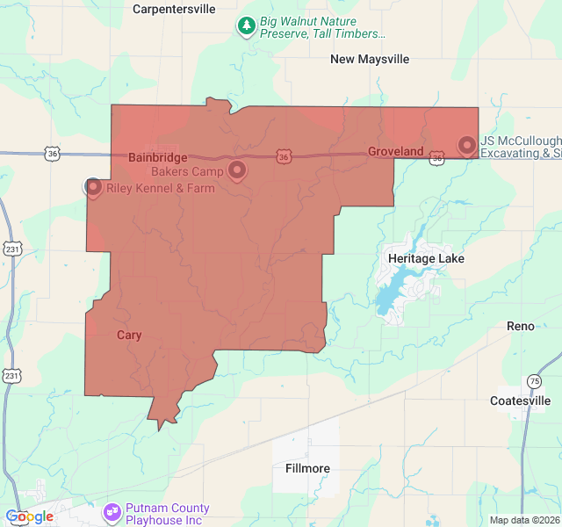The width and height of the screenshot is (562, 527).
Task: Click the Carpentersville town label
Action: [x=173, y=9]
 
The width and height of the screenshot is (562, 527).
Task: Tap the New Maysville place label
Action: [x=370, y=59]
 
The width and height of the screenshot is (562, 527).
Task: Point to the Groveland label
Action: [x=395, y=152]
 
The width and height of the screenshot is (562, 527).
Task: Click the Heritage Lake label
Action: [x=426, y=259]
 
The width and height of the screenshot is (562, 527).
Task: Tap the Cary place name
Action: [x=129, y=335]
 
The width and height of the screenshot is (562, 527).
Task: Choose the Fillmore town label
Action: [x=307, y=468]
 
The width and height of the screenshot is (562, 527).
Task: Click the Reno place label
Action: [x=520, y=326]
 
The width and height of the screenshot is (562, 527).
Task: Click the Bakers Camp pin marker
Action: [x=237, y=170]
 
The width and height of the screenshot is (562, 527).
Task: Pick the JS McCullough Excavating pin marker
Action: [x=466, y=145]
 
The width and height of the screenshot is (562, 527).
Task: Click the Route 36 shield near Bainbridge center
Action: [x=283, y=156]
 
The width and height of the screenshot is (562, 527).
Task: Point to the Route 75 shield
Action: [x=534, y=381]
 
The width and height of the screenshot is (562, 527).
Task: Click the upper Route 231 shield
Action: [x=11, y=249]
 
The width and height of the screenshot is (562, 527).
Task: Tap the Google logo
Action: [x=29, y=516]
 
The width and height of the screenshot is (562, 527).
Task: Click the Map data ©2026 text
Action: [x=524, y=520]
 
